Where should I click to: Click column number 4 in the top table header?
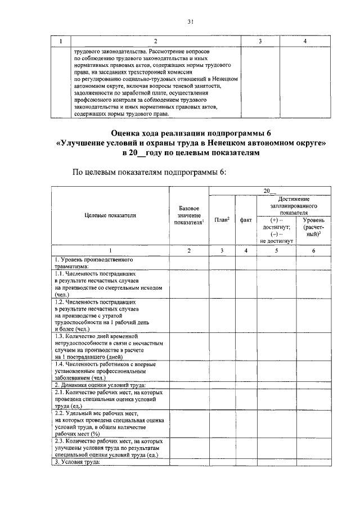click(x=304, y=41)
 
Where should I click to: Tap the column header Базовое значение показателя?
click(x=188, y=215)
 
